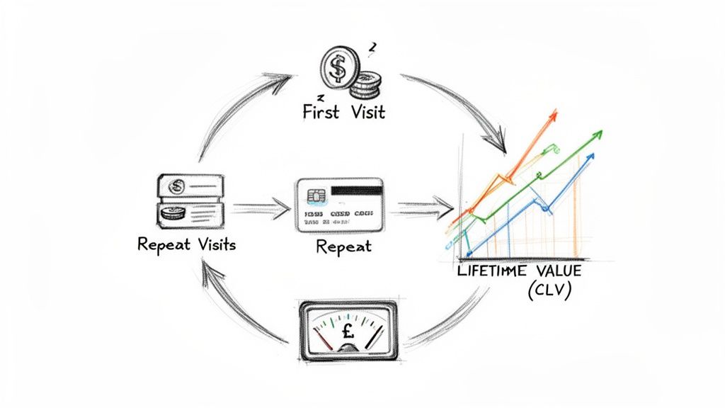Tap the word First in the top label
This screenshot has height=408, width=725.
pos(319,112)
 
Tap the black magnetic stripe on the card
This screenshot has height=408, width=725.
pos(356,191)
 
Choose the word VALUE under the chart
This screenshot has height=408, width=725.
pos(560,272)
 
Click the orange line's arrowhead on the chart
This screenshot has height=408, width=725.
pos(552,115)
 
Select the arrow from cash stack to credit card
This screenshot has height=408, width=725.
pos(260,208)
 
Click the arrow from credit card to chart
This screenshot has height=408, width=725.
pos(426,208)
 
